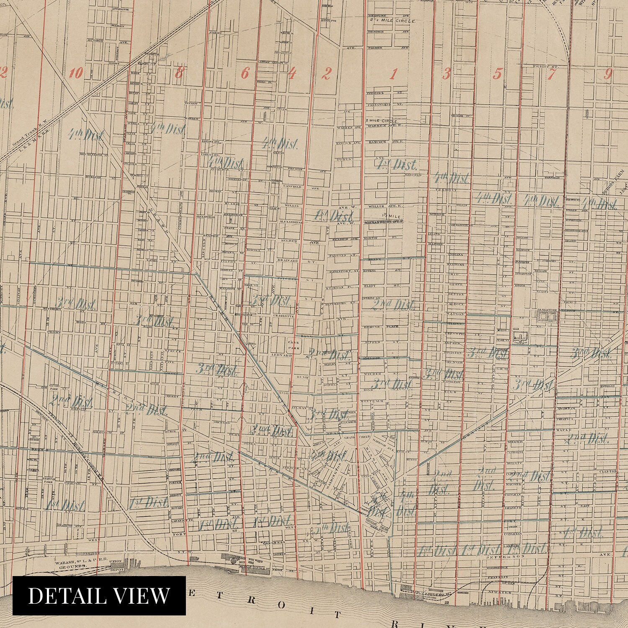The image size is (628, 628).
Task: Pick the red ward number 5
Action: click(497, 75)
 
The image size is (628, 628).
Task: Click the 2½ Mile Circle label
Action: click(392, 20)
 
